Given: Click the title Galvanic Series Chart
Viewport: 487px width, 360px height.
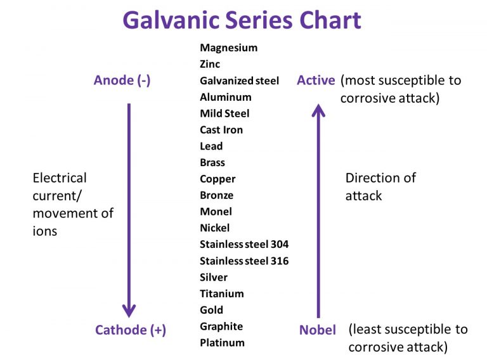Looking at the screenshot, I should (242, 20).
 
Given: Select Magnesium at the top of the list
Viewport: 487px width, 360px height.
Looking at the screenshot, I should (228, 48).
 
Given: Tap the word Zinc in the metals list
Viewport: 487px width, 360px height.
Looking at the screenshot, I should (211, 64).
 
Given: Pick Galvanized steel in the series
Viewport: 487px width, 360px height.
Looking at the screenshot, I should (239, 80).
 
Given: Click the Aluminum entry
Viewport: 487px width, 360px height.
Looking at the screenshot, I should (225, 97).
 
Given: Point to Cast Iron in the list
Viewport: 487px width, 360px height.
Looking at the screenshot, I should (221, 130).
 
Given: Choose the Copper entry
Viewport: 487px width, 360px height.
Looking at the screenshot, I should (218, 179).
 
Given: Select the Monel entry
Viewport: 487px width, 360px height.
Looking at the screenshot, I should (216, 212).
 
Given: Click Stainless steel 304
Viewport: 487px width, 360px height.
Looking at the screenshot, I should (244, 244).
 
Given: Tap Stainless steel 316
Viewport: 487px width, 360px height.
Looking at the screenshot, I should (244, 260).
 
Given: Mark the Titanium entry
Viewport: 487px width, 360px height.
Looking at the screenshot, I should (221, 293).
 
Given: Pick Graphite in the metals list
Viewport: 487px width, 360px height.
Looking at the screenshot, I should (221, 326).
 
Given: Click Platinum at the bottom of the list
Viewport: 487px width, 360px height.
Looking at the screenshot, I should (222, 343).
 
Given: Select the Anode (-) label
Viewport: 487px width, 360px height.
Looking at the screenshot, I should (122, 80).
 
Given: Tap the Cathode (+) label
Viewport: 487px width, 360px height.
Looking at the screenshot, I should (131, 330).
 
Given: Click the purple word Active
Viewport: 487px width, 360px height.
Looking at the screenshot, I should (316, 80).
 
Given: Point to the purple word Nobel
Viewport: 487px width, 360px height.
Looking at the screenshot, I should (318, 330).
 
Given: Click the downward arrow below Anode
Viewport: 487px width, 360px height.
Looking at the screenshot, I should (129, 209).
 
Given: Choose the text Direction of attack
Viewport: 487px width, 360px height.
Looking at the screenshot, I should (380, 186).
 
